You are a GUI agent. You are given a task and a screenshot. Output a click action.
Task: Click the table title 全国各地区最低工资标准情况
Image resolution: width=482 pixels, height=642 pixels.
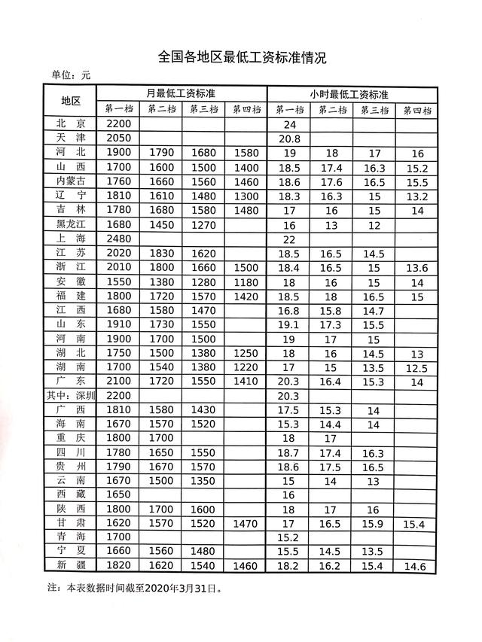240,57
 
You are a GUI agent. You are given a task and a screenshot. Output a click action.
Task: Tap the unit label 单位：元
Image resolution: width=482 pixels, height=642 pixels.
70,75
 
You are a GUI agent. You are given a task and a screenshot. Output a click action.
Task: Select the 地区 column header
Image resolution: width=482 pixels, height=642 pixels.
76,102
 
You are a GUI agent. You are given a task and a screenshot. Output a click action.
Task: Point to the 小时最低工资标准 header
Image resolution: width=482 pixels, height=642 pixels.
349,95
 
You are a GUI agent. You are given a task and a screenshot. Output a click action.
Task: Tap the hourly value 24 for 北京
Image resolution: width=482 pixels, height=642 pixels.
288,123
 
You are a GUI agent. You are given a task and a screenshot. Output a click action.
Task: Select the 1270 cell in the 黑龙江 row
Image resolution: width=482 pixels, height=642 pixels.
204,224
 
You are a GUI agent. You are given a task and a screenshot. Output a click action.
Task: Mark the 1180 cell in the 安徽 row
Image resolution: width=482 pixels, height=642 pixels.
246,281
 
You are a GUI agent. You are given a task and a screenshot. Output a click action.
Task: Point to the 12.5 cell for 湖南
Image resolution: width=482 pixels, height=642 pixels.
416,368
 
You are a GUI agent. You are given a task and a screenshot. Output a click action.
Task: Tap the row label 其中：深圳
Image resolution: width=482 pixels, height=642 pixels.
76,396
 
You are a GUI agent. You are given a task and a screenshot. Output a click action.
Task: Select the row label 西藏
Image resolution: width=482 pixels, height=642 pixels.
76,494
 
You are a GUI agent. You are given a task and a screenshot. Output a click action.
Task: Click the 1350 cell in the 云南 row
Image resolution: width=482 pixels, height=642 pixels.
204,481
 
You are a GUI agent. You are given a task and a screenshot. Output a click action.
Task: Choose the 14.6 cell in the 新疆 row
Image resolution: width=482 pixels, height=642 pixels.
416,566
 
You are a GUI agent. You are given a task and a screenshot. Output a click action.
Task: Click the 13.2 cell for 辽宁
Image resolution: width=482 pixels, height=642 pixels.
416,196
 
